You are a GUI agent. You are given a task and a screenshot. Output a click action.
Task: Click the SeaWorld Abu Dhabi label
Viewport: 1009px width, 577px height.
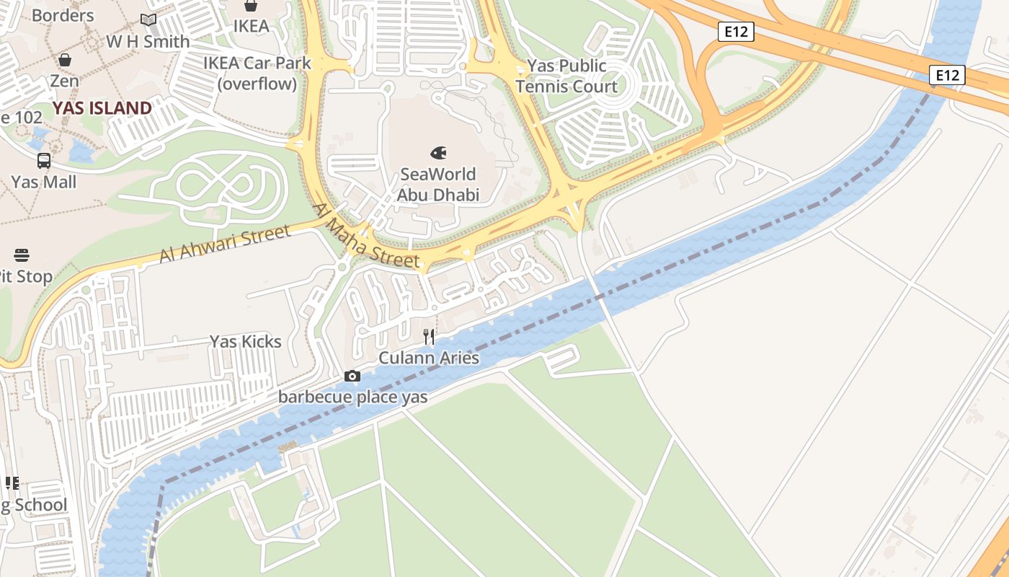[x=437, y=185]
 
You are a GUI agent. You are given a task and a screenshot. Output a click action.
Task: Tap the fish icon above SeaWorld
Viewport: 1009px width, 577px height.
[x=437, y=153]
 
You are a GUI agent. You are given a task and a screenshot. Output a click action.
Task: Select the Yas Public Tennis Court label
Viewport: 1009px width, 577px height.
[x=566, y=76]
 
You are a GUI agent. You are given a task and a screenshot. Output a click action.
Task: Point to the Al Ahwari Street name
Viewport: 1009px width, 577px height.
[x=224, y=245]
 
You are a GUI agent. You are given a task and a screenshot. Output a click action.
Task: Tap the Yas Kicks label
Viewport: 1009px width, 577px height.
[x=245, y=341]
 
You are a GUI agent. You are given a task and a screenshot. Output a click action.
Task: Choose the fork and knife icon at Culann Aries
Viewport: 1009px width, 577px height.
[x=429, y=336]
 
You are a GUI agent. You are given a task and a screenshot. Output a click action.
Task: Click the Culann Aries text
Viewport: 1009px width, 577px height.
[x=429, y=358]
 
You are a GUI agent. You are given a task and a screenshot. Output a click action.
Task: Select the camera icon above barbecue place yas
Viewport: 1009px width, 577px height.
[x=352, y=376]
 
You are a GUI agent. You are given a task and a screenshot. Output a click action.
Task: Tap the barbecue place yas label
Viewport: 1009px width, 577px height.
[x=352, y=397]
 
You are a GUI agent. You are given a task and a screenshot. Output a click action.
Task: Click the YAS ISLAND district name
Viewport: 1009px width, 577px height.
[x=102, y=108]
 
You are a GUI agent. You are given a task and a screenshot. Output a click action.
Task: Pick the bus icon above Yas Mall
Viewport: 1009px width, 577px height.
[x=44, y=161]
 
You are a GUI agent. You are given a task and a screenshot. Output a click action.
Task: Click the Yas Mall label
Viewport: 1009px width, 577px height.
[x=43, y=182]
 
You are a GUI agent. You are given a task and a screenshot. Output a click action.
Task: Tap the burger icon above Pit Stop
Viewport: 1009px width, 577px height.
[x=21, y=255]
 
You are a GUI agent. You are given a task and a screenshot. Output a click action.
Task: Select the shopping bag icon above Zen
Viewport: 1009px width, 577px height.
[x=65, y=60]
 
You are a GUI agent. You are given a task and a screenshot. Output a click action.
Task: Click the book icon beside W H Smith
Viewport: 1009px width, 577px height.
[x=148, y=20]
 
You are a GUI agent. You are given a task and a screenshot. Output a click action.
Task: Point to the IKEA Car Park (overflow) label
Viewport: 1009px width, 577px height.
[x=257, y=73]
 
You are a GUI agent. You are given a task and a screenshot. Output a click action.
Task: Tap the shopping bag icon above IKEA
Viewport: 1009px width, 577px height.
[x=251, y=6]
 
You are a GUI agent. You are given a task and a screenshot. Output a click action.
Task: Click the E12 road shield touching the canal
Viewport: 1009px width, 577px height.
[x=946, y=75]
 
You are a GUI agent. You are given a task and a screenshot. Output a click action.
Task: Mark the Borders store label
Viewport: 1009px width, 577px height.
[x=63, y=15]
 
